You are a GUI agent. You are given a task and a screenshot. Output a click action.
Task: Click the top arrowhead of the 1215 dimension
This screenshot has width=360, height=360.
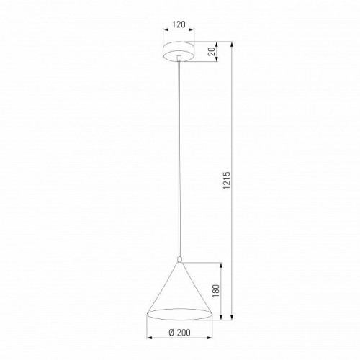[232, 45]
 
